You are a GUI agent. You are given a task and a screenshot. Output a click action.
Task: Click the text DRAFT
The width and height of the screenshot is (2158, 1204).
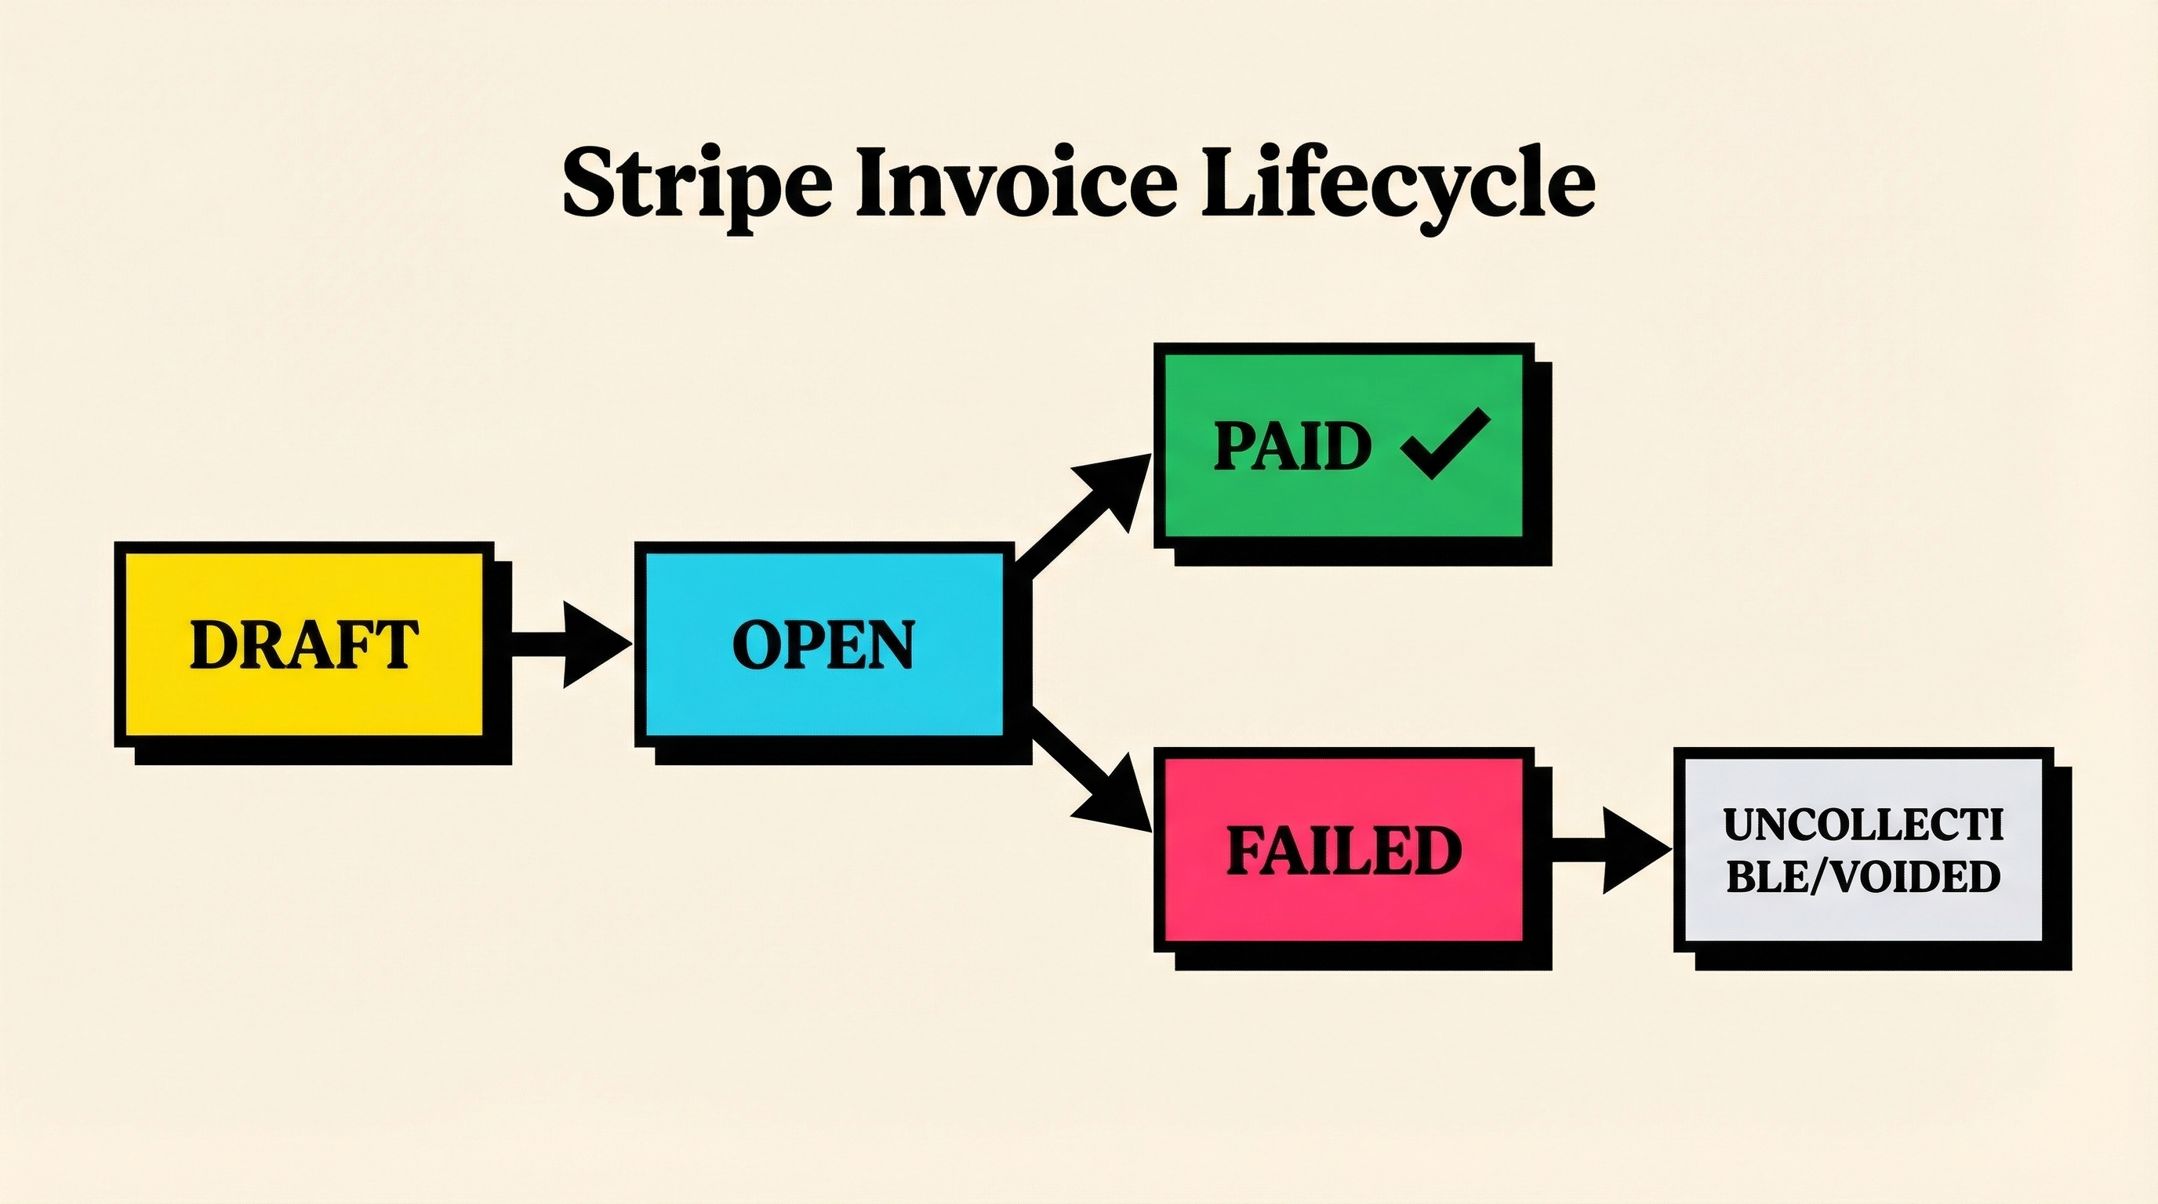coord(303,644)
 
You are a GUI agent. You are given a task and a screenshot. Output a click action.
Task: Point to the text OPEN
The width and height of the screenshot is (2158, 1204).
coord(823,644)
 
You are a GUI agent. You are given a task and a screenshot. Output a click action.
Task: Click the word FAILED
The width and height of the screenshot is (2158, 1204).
coord(1344,850)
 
